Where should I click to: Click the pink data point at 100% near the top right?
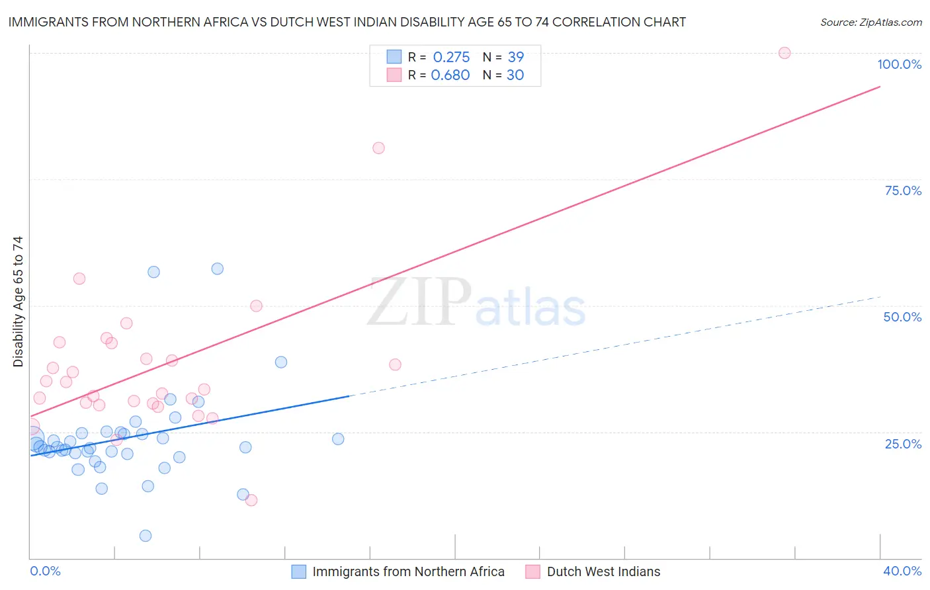pos(784,53)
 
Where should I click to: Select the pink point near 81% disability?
pos(378,148)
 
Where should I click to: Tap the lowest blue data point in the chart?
pos(146,536)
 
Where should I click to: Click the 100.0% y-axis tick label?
pos(899,64)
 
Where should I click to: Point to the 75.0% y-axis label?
pos(903,190)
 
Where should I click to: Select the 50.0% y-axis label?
pos(902,317)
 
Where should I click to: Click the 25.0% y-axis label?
pos(903,444)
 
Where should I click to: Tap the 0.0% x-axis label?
pos(45,571)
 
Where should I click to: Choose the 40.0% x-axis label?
pos(902,571)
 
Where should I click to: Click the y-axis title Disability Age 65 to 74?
pos(18,302)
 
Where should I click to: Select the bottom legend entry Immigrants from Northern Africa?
pos(408,571)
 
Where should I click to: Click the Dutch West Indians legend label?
pos(603,571)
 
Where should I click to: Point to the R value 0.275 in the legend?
pos(451,57)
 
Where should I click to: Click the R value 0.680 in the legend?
pos(450,75)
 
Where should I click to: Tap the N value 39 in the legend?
pos(515,57)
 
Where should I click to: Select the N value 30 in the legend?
pos(515,75)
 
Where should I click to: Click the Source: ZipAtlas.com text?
pos(870,22)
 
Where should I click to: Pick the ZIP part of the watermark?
pos(419,302)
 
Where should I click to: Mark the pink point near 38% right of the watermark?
pos(395,364)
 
